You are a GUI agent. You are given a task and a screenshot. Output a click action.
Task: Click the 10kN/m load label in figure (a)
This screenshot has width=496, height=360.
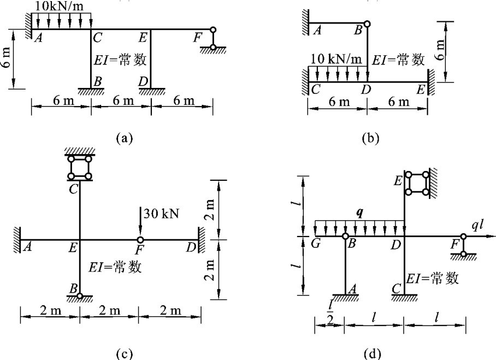[x=59, y=7]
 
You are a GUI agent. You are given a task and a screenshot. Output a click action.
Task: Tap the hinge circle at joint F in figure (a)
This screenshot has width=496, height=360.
[x=213, y=29]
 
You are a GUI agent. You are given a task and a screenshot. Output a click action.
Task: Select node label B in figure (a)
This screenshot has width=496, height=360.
[x=98, y=81]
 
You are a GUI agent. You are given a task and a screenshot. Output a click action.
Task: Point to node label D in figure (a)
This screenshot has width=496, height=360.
[x=144, y=82]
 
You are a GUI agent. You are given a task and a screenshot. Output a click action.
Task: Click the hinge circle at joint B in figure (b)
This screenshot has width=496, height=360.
[x=367, y=23]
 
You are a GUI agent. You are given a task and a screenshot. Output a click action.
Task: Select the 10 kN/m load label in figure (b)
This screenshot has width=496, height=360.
[x=336, y=59]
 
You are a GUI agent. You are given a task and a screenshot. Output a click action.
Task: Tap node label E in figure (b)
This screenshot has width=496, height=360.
[x=421, y=90]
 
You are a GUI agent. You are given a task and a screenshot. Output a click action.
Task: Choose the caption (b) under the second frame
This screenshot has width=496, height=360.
[x=371, y=138]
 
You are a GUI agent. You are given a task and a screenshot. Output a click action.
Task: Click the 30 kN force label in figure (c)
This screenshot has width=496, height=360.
[x=161, y=214]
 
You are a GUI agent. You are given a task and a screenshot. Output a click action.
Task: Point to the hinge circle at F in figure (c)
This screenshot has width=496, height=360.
[x=140, y=239]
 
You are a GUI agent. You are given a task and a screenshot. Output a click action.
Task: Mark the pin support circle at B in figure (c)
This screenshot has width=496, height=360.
[x=80, y=296]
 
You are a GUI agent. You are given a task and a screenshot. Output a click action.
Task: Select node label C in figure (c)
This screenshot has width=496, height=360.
[x=73, y=189]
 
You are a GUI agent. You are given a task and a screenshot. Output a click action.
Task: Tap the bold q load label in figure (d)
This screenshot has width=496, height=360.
[x=359, y=214]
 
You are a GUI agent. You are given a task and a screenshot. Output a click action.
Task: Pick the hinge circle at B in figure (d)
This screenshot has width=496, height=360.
[x=345, y=237]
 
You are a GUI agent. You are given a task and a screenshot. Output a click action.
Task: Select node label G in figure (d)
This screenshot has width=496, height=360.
[x=316, y=244]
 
